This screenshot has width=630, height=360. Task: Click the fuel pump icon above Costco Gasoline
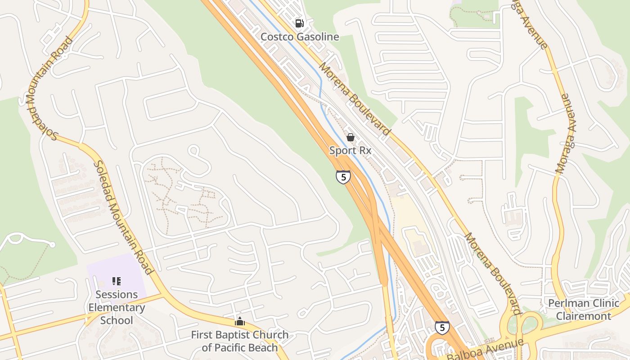299,23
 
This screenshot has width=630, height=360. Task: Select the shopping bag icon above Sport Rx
350,137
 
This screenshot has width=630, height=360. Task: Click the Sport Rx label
350,150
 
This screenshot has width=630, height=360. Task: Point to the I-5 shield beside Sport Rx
343,177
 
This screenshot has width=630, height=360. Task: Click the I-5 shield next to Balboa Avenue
442,328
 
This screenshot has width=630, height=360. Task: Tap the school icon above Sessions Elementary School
117,282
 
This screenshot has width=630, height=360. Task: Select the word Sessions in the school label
117,295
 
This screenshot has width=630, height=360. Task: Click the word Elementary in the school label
117,308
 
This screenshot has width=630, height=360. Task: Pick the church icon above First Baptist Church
239,321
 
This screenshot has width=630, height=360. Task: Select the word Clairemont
583,316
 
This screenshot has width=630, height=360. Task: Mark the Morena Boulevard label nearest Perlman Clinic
492,273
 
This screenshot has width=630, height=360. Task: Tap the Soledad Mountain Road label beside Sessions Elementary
123,217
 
